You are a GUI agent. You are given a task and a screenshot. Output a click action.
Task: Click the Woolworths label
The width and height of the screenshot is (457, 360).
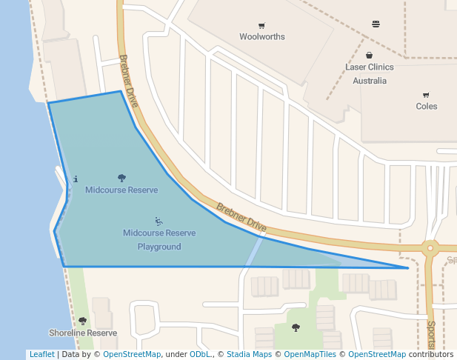pyautogui.click(x=262, y=36)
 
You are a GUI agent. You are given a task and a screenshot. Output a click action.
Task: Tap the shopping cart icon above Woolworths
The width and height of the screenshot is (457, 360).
pyautogui.click(x=262, y=25)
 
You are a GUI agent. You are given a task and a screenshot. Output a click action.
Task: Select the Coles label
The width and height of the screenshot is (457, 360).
pyautogui.click(x=427, y=106)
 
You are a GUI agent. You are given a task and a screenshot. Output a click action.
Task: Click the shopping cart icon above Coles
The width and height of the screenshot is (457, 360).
pyautogui.click(x=426, y=95)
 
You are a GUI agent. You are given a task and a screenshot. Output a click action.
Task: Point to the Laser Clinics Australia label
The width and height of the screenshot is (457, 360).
pyautogui.click(x=370, y=73)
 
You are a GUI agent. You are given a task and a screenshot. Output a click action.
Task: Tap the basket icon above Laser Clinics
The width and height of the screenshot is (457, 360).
pyautogui.click(x=370, y=55)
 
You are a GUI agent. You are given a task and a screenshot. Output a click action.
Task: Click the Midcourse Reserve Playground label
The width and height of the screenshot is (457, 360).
pyautogui.click(x=159, y=239)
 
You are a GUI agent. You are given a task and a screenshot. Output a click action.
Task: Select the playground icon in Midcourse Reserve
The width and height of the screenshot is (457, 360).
pyautogui.click(x=159, y=221)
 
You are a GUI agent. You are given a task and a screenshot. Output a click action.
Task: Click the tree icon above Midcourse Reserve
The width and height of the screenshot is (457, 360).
pyautogui.click(x=121, y=178)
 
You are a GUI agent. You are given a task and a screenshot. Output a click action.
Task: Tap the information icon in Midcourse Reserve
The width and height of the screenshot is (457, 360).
pyautogui.click(x=76, y=179)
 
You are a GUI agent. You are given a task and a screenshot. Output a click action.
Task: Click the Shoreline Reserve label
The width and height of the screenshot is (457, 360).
pyautogui.click(x=83, y=333)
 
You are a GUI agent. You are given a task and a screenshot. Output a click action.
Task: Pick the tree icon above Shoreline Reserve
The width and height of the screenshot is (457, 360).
pyautogui.click(x=82, y=321)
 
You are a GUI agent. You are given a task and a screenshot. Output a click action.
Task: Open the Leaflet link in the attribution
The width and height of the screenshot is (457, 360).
pyautogui.click(x=41, y=355)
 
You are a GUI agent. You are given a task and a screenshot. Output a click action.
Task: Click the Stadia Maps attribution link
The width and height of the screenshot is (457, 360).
pyautogui.click(x=249, y=355)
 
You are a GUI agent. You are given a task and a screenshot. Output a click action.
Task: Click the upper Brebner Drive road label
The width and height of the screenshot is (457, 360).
pyautogui.click(x=129, y=81)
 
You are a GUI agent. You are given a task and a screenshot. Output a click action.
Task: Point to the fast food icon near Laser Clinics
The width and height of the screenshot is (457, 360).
pyautogui.click(x=376, y=24)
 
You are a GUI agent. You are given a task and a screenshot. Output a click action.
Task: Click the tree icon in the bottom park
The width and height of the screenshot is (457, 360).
pyautogui.click(x=296, y=327)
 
